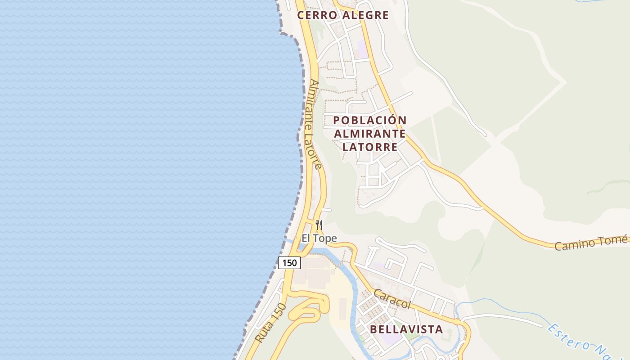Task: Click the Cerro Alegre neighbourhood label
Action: click(342, 15)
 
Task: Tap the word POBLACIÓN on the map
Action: click(370, 121)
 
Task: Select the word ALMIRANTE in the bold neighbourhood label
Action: click(370, 134)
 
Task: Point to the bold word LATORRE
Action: click(370, 147)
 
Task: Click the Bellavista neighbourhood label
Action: click(406, 329)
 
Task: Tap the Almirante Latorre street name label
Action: click(315, 125)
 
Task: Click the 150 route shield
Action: click(289, 263)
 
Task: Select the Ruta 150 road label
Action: click(270, 323)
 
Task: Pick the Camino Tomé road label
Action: click(590, 243)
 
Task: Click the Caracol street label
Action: click(392, 299)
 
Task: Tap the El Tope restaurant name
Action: click(319, 238)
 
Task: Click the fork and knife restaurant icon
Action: click(319, 225)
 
